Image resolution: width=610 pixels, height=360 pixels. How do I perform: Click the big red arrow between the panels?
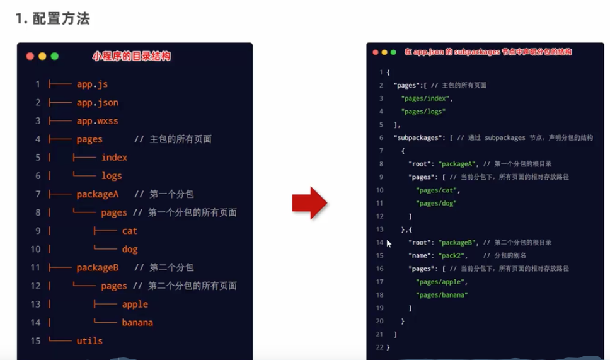[x=309, y=202]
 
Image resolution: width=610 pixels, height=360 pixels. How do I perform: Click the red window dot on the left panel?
[x=30, y=56]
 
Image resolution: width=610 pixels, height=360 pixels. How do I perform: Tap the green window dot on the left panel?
[x=55, y=56]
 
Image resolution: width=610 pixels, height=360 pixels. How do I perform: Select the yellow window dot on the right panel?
[x=384, y=52]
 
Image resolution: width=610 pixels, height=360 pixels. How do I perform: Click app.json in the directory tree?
[x=97, y=102]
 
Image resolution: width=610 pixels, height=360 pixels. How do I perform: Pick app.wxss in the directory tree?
[x=97, y=120]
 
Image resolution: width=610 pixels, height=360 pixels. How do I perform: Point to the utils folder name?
[x=89, y=340]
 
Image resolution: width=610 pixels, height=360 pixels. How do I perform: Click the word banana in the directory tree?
[x=137, y=322]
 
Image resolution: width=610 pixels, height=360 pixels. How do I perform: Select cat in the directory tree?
[x=129, y=231]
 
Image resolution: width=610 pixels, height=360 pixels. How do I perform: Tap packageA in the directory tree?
[x=97, y=194]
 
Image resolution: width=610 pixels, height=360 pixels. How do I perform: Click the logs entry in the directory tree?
[x=112, y=175]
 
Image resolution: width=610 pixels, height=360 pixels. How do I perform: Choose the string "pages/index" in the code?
[x=427, y=98]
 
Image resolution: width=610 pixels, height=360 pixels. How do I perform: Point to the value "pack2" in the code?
[x=452, y=255]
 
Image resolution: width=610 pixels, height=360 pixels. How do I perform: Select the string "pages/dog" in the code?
[x=436, y=203]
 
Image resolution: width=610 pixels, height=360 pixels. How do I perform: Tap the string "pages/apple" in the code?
[x=439, y=282]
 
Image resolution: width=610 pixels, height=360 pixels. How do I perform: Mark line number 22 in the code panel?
[x=380, y=347]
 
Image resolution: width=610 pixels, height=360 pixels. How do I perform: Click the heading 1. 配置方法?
[x=53, y=18]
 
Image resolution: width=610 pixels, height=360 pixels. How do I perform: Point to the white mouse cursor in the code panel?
[x=389, y=243]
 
